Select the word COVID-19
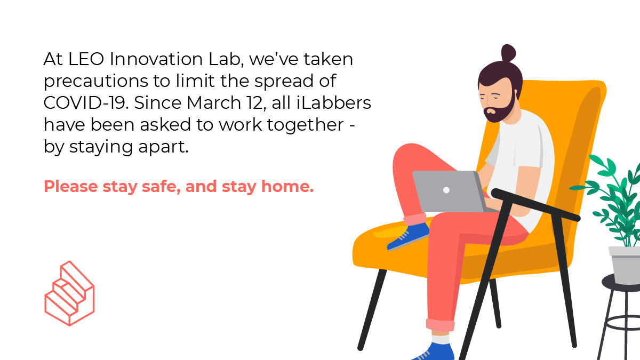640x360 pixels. (x=85, y=103)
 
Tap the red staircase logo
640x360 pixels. (x=69, y=293)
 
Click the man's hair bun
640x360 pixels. (x=508, y=54)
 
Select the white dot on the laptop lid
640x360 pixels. (x=446, y=190)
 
